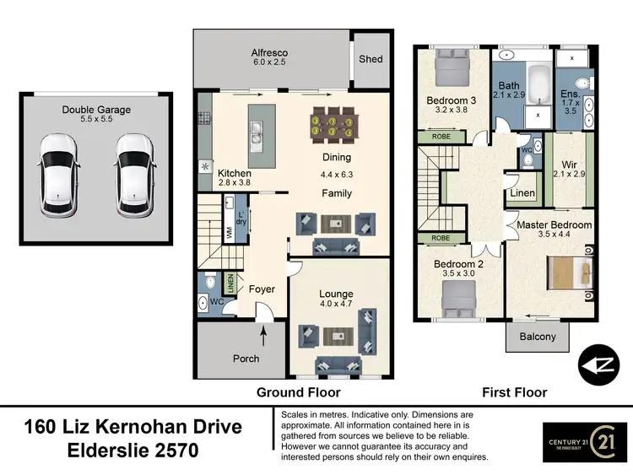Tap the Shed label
click(371, 59)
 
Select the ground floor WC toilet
click(204, 303)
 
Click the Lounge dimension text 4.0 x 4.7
click(336, 305)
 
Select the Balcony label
click(538, 337)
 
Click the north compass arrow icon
click(598, 364)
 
